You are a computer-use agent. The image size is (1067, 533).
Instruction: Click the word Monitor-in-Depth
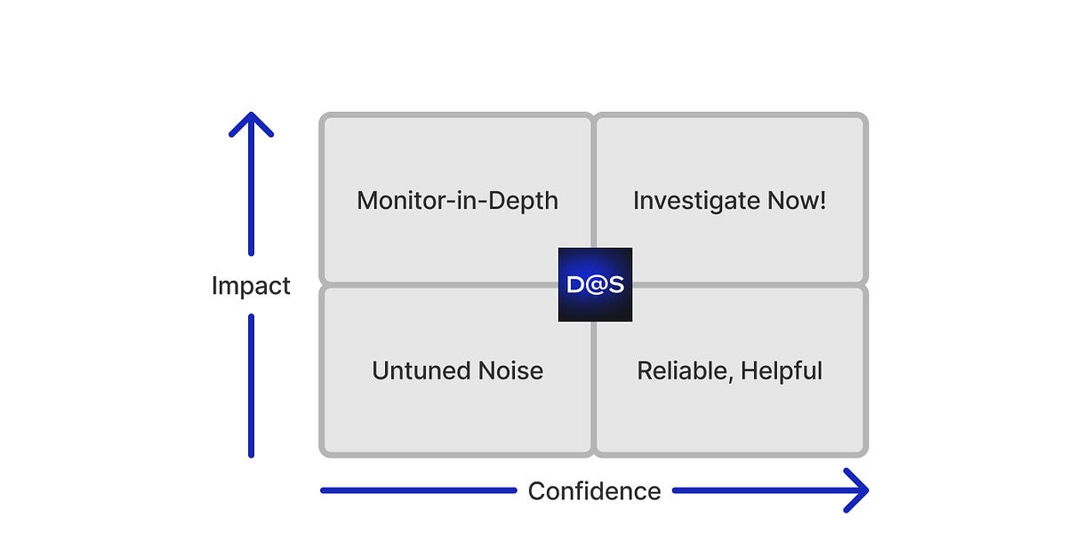[457, 200]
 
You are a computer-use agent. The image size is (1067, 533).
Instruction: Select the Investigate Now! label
[729, 200]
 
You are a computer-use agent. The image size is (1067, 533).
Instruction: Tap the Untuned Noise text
[457, 370]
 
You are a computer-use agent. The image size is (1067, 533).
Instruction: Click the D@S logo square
[595, 284]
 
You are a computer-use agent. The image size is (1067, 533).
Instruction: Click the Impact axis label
[251, 286]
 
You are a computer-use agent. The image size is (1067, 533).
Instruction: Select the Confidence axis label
[594, 490]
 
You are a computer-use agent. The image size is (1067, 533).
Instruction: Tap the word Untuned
[418, 370]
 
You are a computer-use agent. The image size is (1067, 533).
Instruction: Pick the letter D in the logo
[575, 284]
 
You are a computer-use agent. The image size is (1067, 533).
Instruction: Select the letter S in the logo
[614, 284]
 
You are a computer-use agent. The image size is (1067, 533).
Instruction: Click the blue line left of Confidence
[418, 490]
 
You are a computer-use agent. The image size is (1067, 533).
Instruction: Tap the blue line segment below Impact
[251, 386]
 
